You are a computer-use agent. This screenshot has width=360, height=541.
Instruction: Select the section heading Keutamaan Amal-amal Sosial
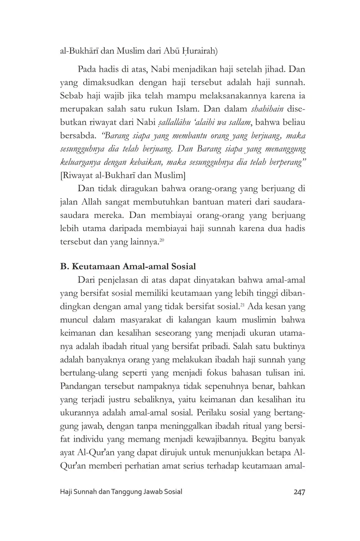click(x=128, y=266)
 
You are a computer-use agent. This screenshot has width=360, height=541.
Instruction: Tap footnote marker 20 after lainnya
click(x=162, y=240)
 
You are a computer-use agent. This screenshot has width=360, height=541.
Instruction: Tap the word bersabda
click(x=78, y=135)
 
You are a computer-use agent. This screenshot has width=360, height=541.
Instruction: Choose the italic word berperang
click(x=285, y=162)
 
